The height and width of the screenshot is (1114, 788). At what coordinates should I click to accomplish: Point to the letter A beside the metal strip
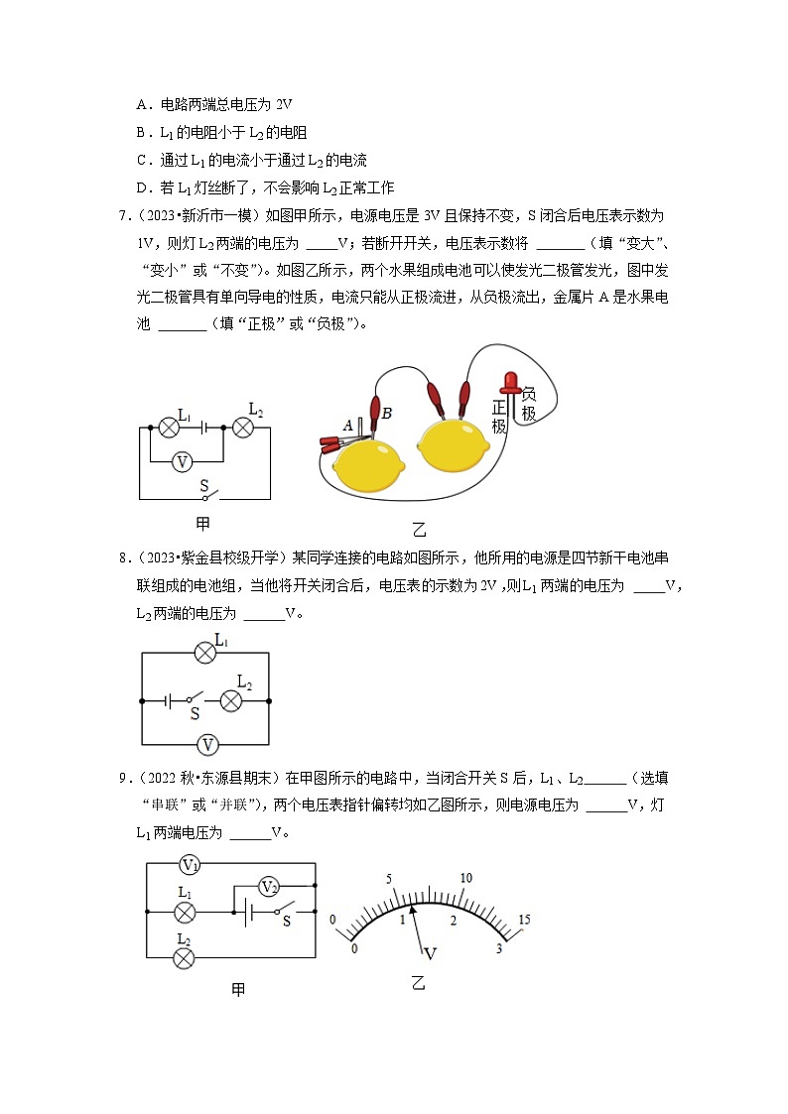[347, 425]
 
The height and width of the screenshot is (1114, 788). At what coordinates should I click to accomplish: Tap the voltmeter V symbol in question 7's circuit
[181, 461]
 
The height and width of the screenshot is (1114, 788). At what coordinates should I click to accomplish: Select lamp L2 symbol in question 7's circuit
[243, 427]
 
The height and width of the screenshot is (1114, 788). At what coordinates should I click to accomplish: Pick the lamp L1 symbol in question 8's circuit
[204, 652]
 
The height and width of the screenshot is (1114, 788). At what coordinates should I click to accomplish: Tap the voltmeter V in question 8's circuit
[207, 744]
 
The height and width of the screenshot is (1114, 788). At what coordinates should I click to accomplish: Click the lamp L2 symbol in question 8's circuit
[230, 699]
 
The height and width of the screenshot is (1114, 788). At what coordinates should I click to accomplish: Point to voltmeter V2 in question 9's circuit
[266, 886]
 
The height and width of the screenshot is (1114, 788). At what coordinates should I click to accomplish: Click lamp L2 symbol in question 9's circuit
[184, 956]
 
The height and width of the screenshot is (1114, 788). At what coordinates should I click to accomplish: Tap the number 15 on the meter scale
[524, 920]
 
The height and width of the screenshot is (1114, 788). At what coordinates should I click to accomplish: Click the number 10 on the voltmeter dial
[465, 878]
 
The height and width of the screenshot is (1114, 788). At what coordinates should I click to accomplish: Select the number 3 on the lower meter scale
[499, 949]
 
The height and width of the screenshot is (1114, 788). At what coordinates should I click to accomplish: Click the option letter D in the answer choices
[142, 186]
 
